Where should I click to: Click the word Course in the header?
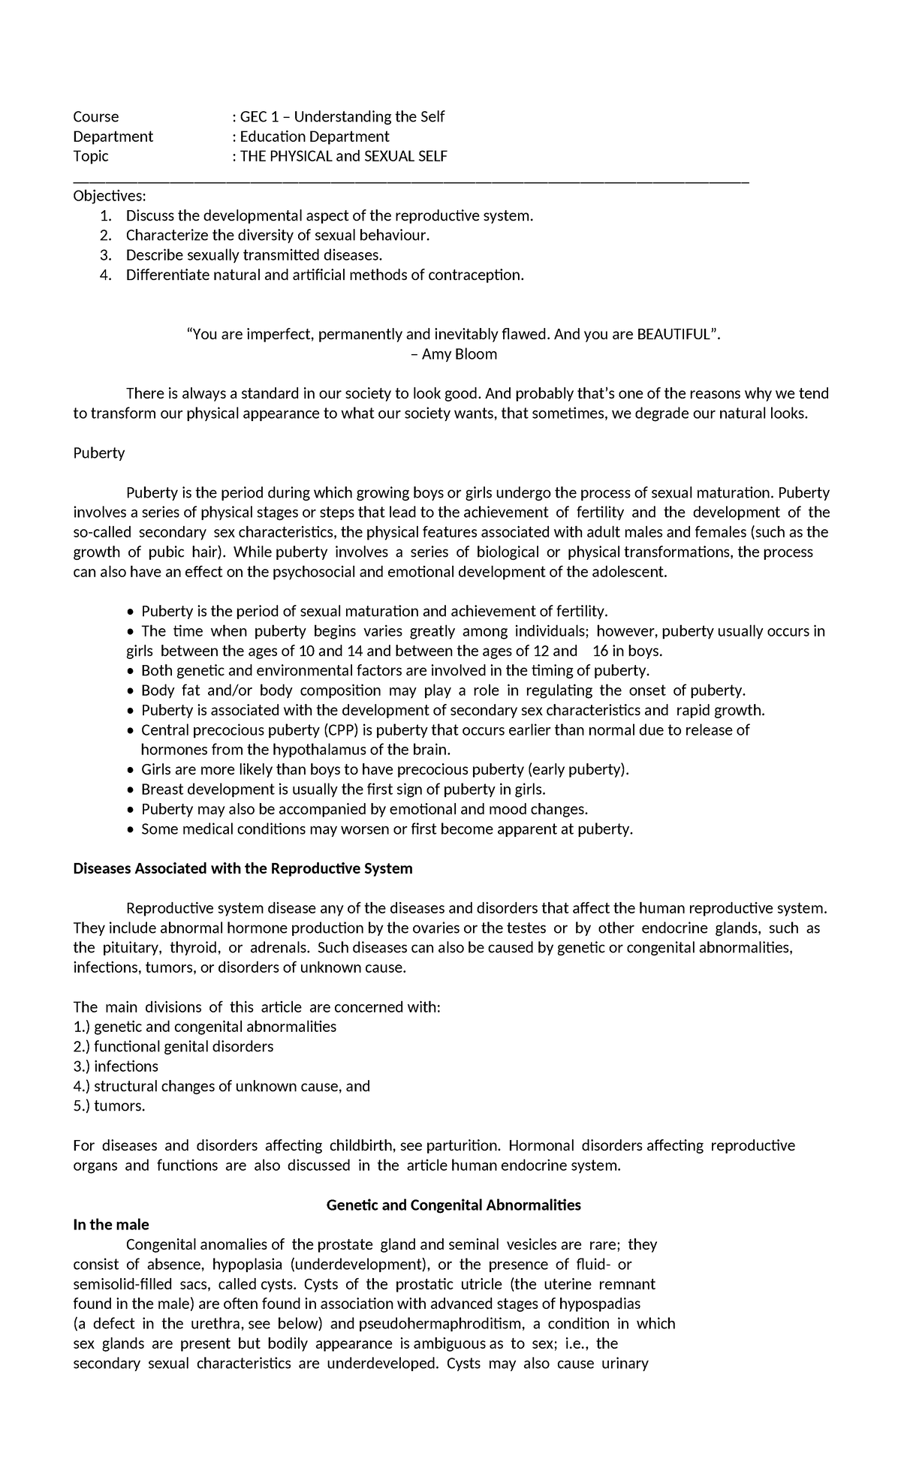click(x=95, y=116)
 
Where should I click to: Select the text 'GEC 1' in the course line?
click(x=258, y=116)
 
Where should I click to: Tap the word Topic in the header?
click(x=90, y=156)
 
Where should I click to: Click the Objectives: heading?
click(x=110, y=196)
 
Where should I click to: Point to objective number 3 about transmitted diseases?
click(x=248, y=255)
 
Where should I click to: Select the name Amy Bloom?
click(x=459, y=354)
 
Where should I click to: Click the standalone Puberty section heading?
click(x=98, y=453)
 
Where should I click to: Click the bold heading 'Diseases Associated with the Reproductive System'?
click(x=243, y=868)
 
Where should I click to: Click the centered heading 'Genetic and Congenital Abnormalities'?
click(x=454, y=1205)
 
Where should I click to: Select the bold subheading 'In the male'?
click(x=110, y=1225)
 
